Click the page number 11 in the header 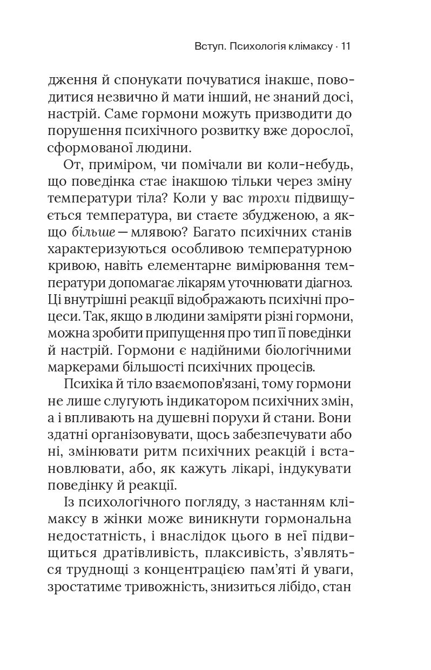click(x=347, y=47)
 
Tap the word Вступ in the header click(x=208, y=47)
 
